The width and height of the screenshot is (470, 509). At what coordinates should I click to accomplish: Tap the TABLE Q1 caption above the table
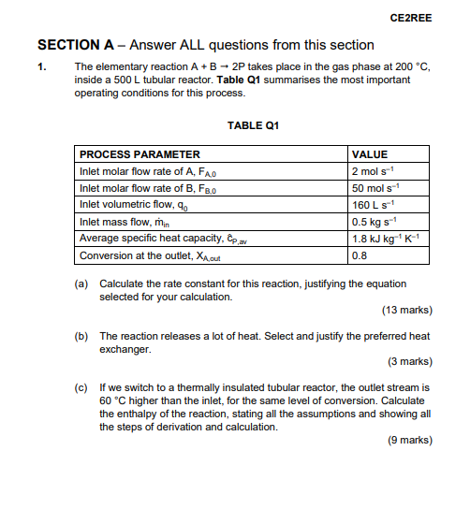click(253, 125)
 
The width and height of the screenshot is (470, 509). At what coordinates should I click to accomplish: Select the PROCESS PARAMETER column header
click(140, 154)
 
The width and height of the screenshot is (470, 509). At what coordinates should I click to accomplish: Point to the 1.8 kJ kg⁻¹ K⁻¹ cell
click(384, 238)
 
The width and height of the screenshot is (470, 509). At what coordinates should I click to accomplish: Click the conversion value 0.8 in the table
click(360, 255)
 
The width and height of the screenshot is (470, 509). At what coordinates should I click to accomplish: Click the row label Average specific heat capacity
click(154, 239)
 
